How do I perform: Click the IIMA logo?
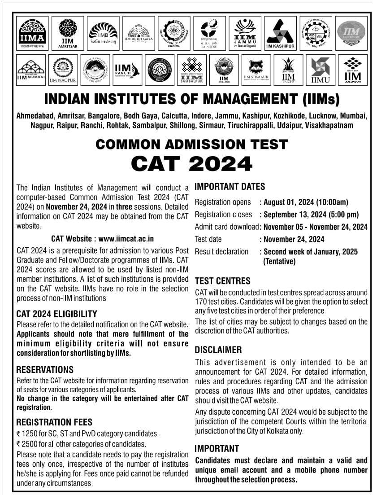(32, 33)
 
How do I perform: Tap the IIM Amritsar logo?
(68, 33)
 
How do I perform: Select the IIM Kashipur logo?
(280, 33)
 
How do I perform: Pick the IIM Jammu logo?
(245, 33)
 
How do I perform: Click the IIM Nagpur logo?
(63, 70)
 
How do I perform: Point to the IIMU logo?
(320, 70)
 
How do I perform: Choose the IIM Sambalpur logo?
(192, 70)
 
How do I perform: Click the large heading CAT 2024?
(191, 163)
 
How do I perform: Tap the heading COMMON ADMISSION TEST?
(191, 145)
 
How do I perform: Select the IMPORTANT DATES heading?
(230, 187)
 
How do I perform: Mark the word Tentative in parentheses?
(279, 261)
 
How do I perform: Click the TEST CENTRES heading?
(223, 281)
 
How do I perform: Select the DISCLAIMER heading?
(218, 350)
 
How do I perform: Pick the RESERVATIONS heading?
(45, 370)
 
